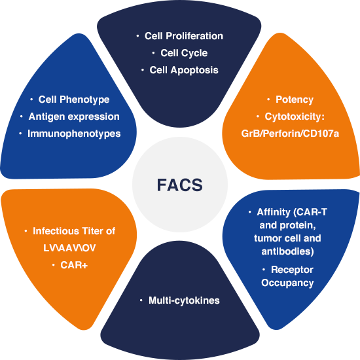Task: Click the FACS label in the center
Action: click(x=180, y=185)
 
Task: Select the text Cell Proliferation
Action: click(x=184, y=36)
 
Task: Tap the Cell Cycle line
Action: click(x=184, y=53)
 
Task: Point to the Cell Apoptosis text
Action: click(x=184, y=70)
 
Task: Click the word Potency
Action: click(x=295, y=99)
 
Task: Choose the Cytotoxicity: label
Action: click(x=295, y=117)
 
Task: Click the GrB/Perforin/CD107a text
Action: click(x=290, y=134)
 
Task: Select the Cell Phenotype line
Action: click(x=74, y=99)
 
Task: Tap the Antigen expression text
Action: click(x=74, y=117)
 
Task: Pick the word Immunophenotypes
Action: click(x=74, y=134)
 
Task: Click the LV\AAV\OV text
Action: click(x=69, y=248)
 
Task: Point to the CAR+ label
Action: click(x=74, y=265)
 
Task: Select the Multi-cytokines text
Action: click(x=184, y=300)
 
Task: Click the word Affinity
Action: click(x=274, y=212)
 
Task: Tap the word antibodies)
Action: click(x=287, y=251)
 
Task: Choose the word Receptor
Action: click(x=292, y=270)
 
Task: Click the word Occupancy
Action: click(x=287, y=283)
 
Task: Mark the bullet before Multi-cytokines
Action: click(x=141, y=300)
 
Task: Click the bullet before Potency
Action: click(x=268, y=99)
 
